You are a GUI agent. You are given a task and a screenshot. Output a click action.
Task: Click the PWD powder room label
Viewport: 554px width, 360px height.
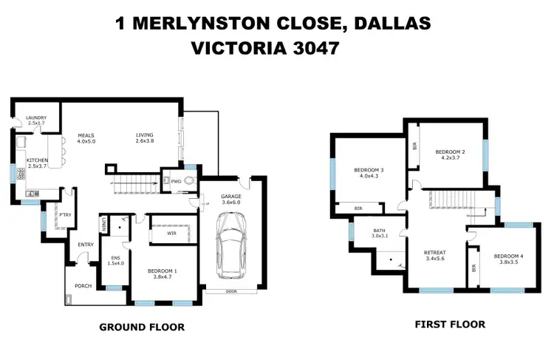(x=176, y=180)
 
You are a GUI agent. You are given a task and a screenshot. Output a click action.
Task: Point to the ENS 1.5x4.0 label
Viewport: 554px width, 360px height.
(x=115, y=241)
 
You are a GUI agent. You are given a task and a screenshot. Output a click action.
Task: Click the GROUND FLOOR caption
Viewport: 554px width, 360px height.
(x=142, y=327)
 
